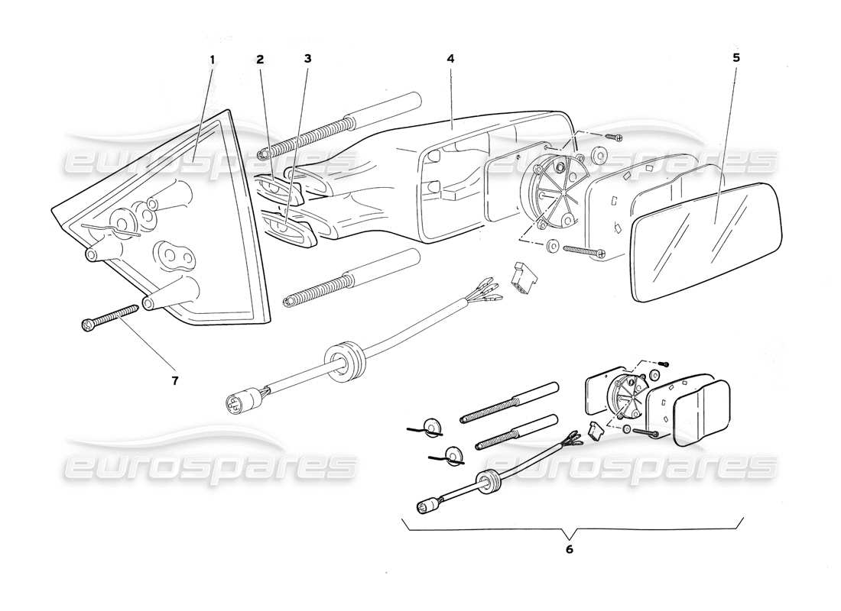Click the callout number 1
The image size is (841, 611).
(x=213, y=58)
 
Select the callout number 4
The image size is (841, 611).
(x=451, y=58)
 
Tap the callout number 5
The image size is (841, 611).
(x=735, y=58)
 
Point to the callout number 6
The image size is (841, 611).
(x=569, y=548)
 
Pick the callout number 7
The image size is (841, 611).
(x=174, y=380)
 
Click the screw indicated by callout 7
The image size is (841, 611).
(x=108, y=318)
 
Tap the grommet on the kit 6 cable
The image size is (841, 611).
(x=484, y=482)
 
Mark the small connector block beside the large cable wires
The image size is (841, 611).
(x=523, y=279)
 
